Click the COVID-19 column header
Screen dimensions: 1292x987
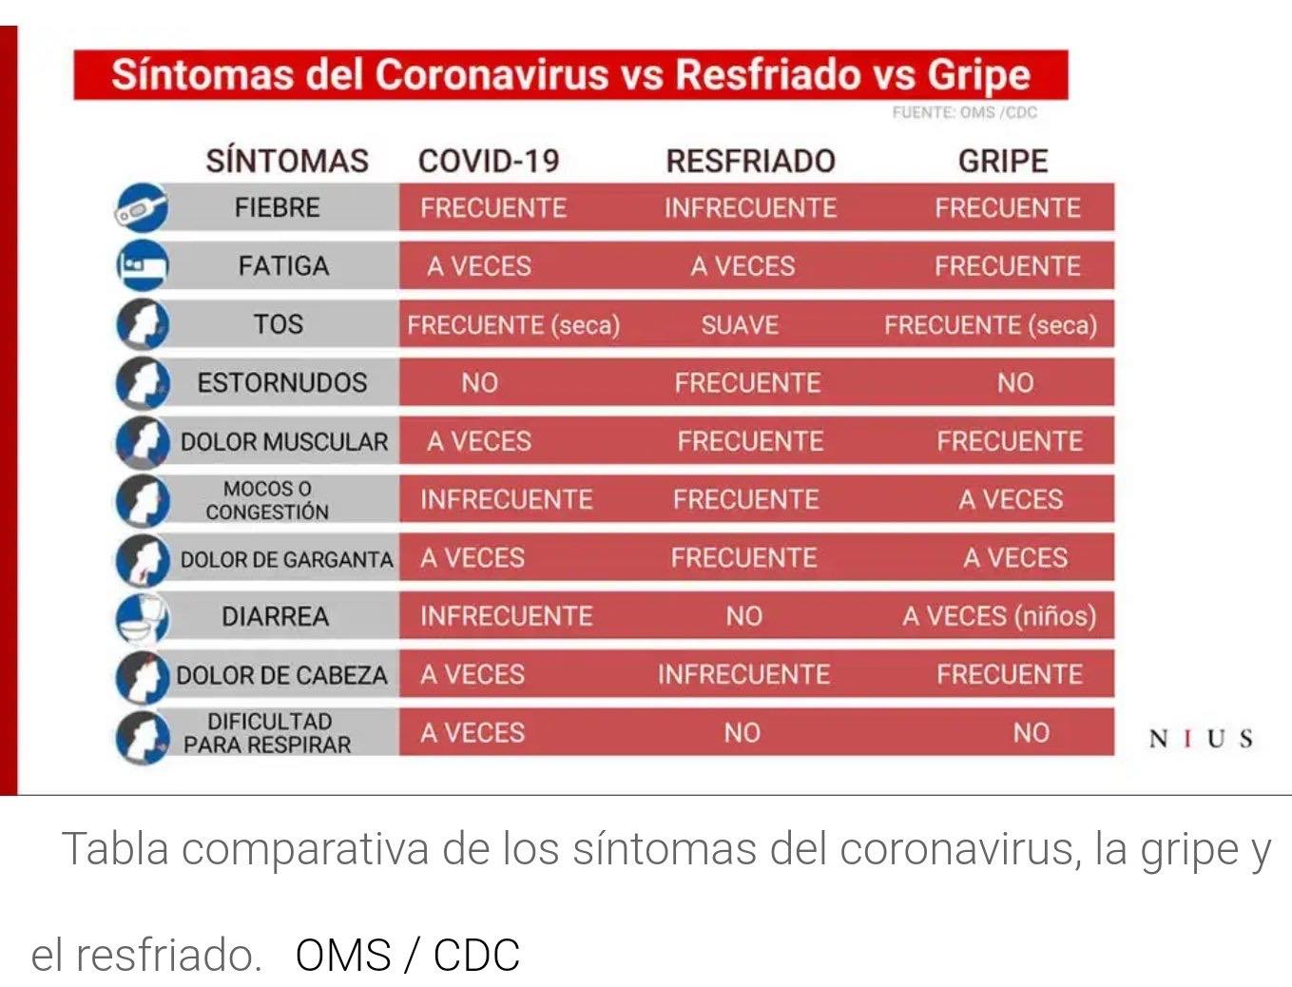click(x=489, y=161)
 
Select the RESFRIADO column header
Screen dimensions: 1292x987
click(x=750, y=161)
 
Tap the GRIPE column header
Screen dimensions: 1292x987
click(x=1003, y=161)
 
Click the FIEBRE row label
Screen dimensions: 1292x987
click(x=278, y=207)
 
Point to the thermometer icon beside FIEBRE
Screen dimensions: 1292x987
click(x=141, y=207)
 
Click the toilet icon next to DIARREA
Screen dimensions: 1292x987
click(x=142, y=617)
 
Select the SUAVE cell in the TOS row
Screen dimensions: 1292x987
click(x=740, y=325)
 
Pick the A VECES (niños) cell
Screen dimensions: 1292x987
click(x=999, y=616)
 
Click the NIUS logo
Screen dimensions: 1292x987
click(x=1200, y=739)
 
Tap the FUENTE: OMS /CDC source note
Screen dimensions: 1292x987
click(x=965, y=112)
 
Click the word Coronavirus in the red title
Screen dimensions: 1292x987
click(x=492, y=75)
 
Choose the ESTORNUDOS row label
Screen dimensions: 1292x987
click(x=282, y=382)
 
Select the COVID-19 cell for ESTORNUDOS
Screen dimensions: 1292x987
click(x=480, y=382)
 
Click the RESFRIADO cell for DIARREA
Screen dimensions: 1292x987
click(x=744, y=616)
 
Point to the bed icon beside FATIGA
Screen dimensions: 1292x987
click(x=142, y=265)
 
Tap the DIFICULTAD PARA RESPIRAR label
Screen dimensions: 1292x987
click(x=268, y=733)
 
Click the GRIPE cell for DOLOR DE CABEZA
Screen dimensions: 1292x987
click(x=1010, y=674)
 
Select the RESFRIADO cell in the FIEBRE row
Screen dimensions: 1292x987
click(x=750, y=207)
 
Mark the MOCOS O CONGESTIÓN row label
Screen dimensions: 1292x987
click(x=267, y=500)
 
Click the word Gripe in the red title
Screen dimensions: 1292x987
click(x=979, y=76)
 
